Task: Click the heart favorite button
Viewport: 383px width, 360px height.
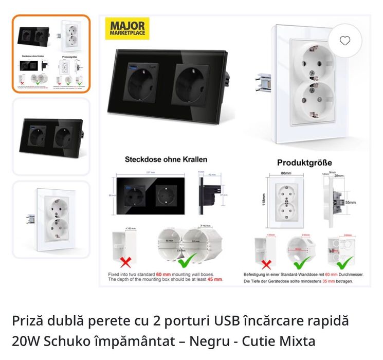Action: click(345, 41)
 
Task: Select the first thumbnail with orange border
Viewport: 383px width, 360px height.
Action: click(51, 53)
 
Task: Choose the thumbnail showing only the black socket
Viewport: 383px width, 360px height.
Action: click(51, 136)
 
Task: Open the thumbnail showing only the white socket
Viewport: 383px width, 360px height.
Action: click(51, 220)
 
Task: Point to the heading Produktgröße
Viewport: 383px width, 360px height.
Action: click(304, 163)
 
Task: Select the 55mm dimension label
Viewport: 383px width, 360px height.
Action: click(350, 203)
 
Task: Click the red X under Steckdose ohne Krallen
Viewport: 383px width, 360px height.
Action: click(125, 262)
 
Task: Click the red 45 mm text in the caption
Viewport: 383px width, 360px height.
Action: click(215, 279)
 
